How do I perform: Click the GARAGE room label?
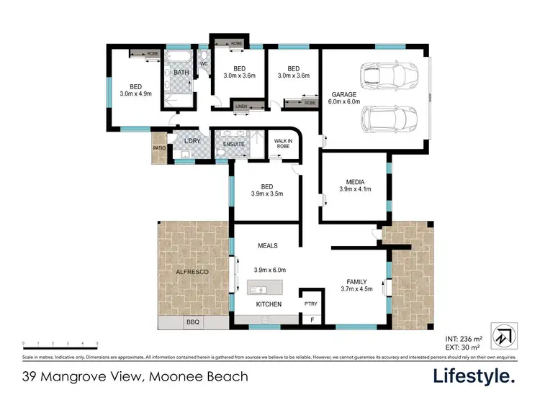pyautogui.click(x=343, y=95)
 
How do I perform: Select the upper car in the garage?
pyautogui.click(x=385, y=73)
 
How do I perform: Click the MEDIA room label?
pyautogui.click(x=354, y=181)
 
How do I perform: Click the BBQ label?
pyautogui.click(x=192, y=323)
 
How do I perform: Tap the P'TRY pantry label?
pyautogui.click(x=310, y=304)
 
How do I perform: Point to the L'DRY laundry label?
pyautogui.click(x=192, y=140)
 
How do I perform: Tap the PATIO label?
pyautogui.click(x=159, y=149)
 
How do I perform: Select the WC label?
pyautogui.click(x=204, y=64)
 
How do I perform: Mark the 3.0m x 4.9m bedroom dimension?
pyautogui.click(x=136, y=93)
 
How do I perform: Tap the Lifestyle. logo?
pyautogui.click(x=474, y=376)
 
